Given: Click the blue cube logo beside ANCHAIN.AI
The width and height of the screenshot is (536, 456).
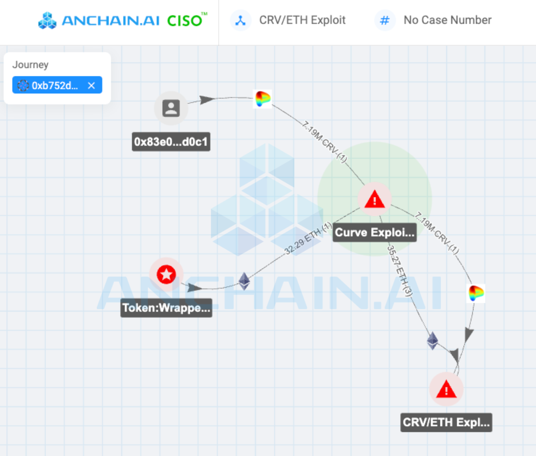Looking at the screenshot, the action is [x=47, y=20].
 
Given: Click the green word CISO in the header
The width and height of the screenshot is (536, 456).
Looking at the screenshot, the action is [x=184, y=21].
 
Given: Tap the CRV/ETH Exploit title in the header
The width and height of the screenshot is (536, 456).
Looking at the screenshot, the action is [x=302, y=20].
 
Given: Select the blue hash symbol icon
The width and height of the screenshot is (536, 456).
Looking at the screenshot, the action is [x=385, y=20].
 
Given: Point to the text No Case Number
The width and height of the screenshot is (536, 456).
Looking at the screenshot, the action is [x=448, y=20].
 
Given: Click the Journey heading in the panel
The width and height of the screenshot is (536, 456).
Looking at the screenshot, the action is [x=30, y=65].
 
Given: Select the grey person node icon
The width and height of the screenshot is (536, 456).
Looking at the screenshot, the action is [x=171, y=108].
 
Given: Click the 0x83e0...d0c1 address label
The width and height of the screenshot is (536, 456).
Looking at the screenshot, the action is [x=171, y=142].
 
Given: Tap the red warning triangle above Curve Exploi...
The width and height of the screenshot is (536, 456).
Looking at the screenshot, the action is [x=374, y=199].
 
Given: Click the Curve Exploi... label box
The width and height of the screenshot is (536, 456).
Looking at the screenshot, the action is [x=375, y=233].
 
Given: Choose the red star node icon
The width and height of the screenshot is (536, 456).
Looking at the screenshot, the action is [x=166, y=274].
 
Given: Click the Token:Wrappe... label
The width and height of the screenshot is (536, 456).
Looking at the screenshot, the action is [x=166, y=308].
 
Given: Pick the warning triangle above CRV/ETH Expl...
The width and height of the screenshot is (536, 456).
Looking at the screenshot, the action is [x=446, y=389].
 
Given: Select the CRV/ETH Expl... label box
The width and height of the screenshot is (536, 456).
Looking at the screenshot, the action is [x=446, y=423].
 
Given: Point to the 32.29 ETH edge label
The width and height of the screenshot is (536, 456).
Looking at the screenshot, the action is [x=308, y=238].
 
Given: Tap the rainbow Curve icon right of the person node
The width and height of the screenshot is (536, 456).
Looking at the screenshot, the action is [x=263, y=99].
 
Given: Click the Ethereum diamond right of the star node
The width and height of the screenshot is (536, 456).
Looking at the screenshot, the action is [x=244, y=281].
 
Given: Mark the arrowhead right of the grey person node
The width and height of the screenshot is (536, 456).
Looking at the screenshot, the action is [x=207, y=100].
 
